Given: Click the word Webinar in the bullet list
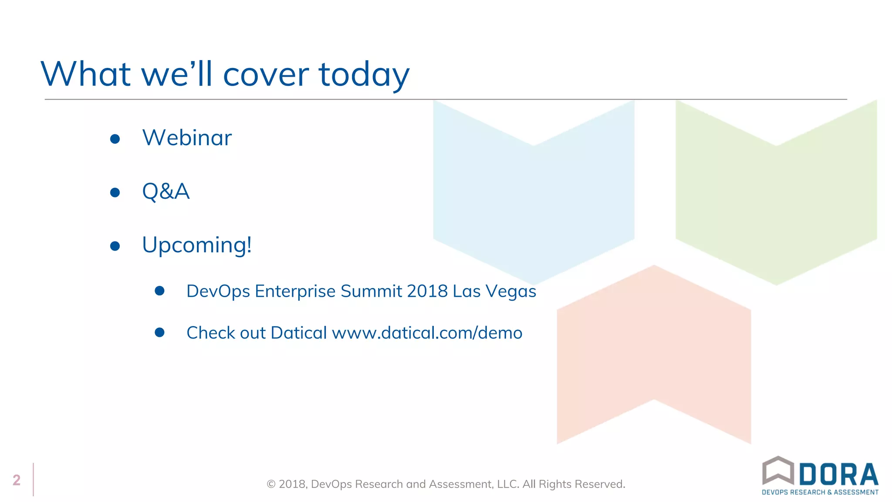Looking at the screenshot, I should pyautogui.click(x=187, y=138).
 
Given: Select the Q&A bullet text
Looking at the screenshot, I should pyautogui.click(x=166, y=191).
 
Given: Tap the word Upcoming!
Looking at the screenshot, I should pyautogui.click(x=197, y=245).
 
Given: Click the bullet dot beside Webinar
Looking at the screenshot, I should pyautogui.click(x=115, y=139).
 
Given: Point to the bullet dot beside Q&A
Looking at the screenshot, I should pyautogui.click(x=115, y=193).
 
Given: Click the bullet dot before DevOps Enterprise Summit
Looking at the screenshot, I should pyautogui.click(x=160, y=291).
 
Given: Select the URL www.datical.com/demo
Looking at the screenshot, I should pyautogui.click(x=427, y=333).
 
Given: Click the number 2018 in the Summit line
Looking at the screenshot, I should pyautogui.click(x=427, y=291).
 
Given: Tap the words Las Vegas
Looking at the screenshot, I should pyautogui.click(x=494, y=291).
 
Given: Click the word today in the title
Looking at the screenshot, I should pyautogui.click(x=364, y=74).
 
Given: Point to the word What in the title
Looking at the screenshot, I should pyautogui.click(x=86, y=74).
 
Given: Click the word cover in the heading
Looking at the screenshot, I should pyautogui.click(x=266, y=74).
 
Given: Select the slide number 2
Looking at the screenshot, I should pyautogui.click(x=17, y=480).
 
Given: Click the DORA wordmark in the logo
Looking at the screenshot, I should pyautogui.click(x=838, y=474).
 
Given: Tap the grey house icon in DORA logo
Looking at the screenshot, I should pyautogui.click(x=778, y=470).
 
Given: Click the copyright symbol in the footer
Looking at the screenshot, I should pyautogui.click(x=271, y=484).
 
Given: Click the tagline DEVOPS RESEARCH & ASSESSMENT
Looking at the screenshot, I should pyautogui.click(x=820, y=492).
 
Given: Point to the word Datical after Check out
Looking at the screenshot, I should pyautogui.click(x=299, y=333).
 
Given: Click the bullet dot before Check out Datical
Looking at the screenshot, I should pyautogui.click(x=160, y=332).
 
